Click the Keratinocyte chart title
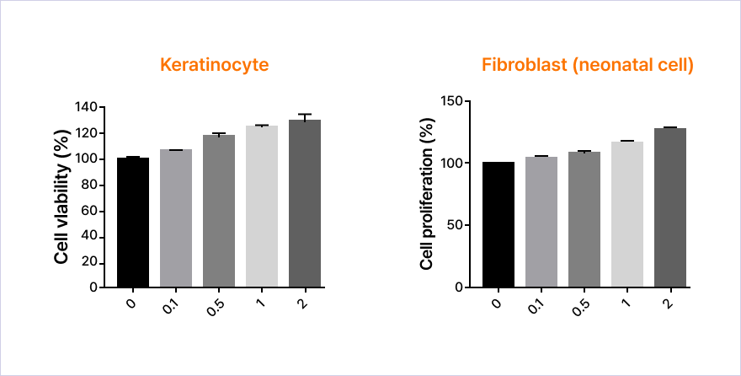click(x=215, y=65)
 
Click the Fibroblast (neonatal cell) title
click(x=587, y=65)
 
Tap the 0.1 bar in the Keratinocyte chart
click(x=176, y=218)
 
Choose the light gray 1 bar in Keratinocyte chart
click(x=262, y=207)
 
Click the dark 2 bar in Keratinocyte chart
click(x=305, y=203)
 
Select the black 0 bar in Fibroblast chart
click(x=498, y=224)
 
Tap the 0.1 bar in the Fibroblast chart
click(x=541, y=222)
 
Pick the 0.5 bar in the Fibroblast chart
click(x=584, y=219)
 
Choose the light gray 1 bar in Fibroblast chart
click(x=627, y=214)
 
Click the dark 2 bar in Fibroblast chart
click(x=670, y=207)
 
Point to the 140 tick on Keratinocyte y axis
click(x=86, y=108)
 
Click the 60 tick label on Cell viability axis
click(x=89, y=211)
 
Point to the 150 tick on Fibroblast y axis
click(x=452, y=101)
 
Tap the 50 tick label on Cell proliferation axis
click(x=456, y=225)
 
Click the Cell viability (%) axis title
click(x=61, y=196)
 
